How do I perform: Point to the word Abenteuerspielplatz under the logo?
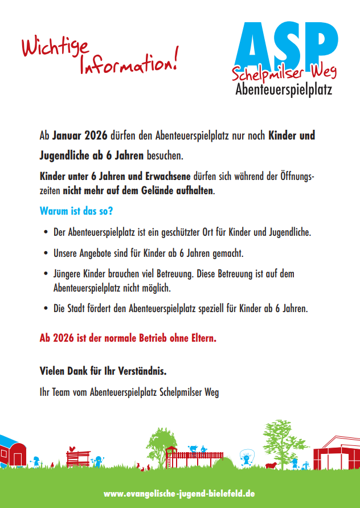click(x=283, y=89)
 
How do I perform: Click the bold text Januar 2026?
click(x=76, y=136)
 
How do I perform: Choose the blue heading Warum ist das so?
click(x=76, y=211)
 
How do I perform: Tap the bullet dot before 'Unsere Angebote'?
click(x=46, y=252)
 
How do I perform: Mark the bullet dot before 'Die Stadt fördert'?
click(x=46, y=309)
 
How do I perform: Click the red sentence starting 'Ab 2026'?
click(x=128, y=338)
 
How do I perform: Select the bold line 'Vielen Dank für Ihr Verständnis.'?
click(x=103, y=371)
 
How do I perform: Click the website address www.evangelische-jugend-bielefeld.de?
click(x=180, y=493)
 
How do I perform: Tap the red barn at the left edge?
click(x=13, y=450)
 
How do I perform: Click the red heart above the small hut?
click(x=71, y=448)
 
